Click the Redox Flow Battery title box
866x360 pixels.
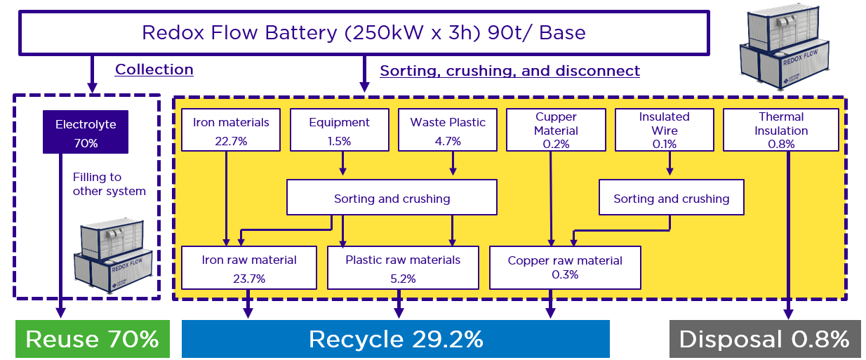click(x=364, y=32)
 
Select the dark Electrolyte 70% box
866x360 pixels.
click(x=86, y=132)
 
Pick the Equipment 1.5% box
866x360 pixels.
click(x=339, y=130)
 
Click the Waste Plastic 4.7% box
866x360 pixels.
click(x=448, y=130)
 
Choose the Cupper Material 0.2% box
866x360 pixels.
click(x=556, y=130)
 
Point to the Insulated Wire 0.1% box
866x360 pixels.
click(x=664, y=130)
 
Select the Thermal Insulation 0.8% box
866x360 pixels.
click(x=781, y=130)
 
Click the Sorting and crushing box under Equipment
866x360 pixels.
click(x=392, y=198)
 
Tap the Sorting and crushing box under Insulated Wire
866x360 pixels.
click(x=671, y=198)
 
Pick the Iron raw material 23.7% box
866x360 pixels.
click(x=249, y=267)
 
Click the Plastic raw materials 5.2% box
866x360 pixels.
click(x=403, y=267)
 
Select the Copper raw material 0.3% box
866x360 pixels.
click(x=565, y=267)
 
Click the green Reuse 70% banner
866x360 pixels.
click(x=93, y=340)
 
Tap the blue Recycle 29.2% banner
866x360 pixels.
click(x=396, y=340)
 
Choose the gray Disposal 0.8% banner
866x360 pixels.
click(x=764, y=340)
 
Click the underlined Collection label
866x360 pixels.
click(x=154, y=69)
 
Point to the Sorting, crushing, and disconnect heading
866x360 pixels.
click(x=509, y=71)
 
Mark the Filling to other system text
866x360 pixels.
click(x=109, y=185)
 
